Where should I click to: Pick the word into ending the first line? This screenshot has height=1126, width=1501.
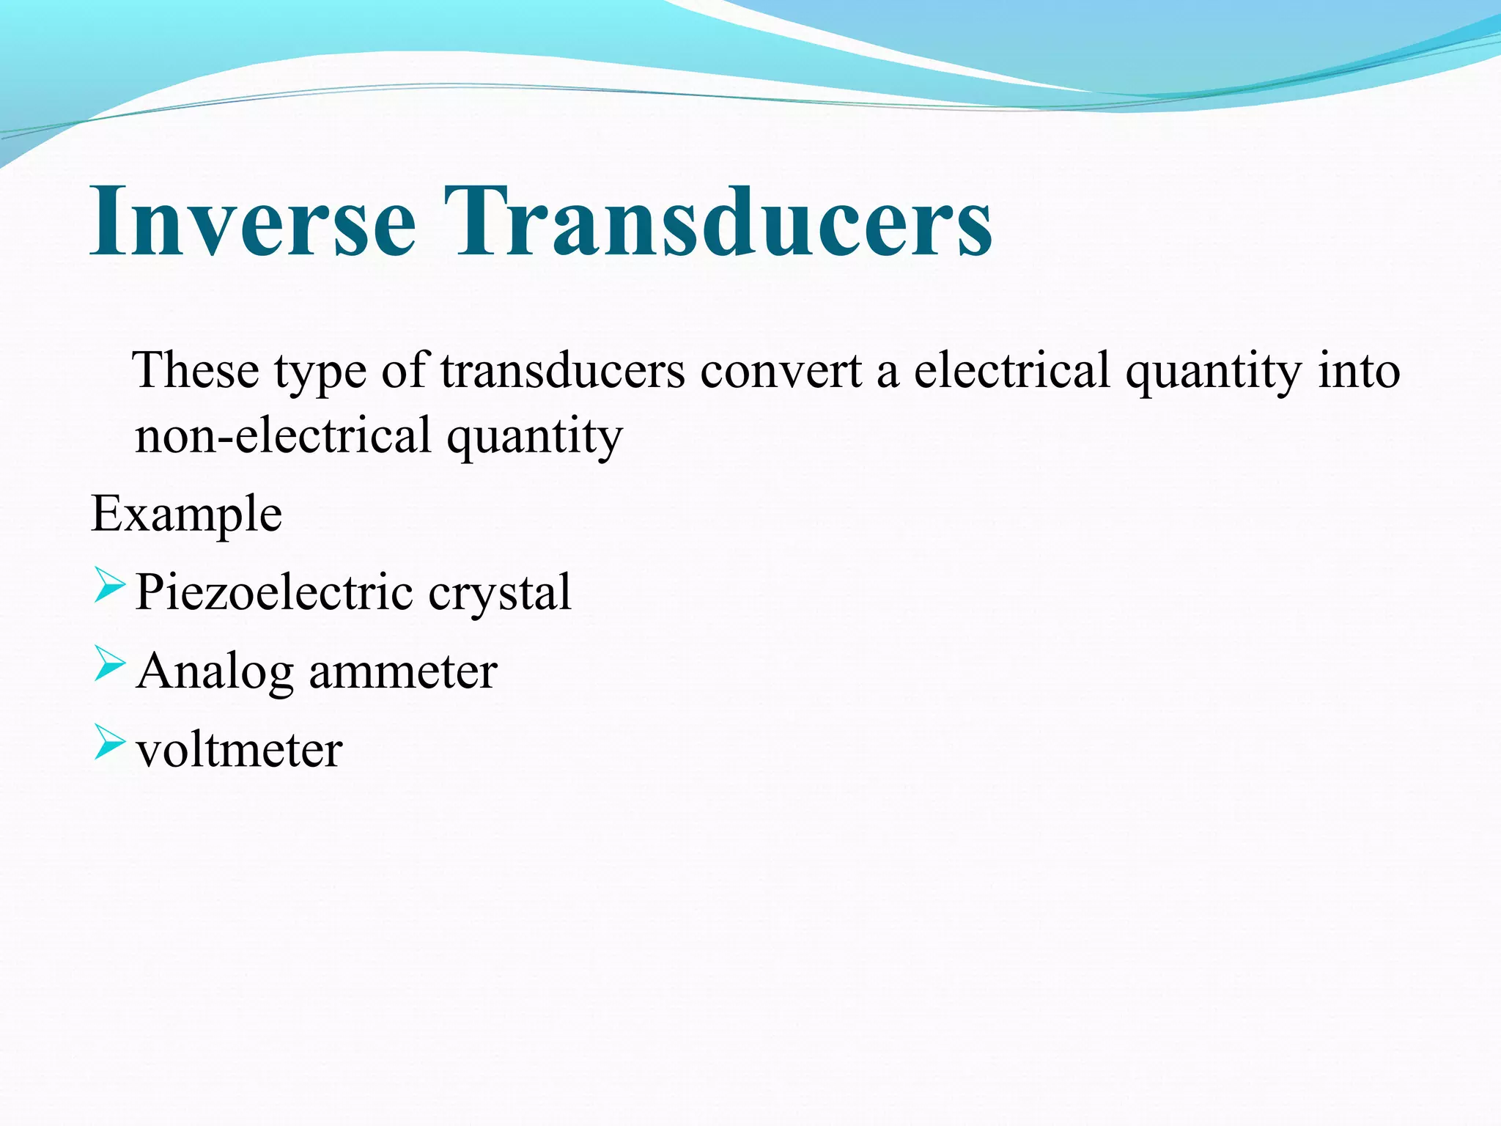click(1359, 370)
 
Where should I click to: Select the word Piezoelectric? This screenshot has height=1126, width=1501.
click(274, 592)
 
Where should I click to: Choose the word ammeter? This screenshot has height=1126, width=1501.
click(403, 671)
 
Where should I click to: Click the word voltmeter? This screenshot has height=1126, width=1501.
click(239, 750)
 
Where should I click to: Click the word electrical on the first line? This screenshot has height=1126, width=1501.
click(1011, 370)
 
